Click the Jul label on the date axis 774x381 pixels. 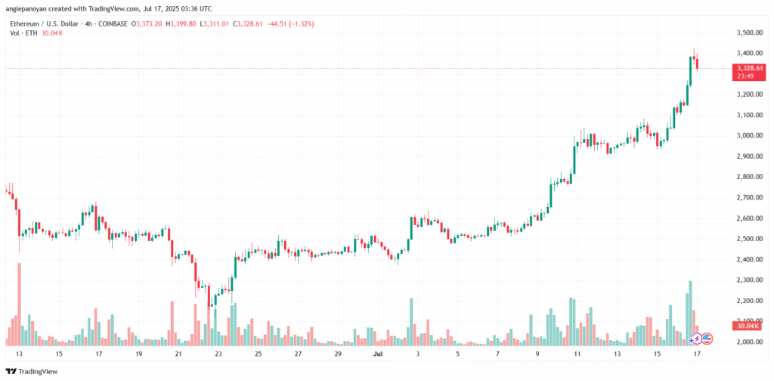378,354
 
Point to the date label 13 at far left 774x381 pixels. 19,354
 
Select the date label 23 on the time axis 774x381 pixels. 218,354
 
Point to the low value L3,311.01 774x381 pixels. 215,24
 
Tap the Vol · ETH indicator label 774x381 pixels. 20,33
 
